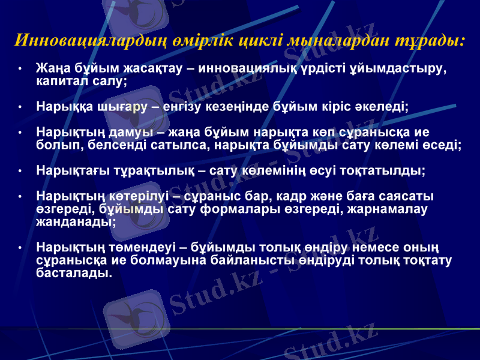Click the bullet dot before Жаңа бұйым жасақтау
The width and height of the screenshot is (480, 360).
pyautogui.click(x=21, y=68)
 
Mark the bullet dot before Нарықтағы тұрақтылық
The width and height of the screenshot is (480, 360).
pyautogui.click(x=21, y=172)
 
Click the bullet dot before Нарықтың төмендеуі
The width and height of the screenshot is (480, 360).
pyautogui.click(x=21, y=248)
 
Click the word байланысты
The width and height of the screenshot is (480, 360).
pyautogui.click(x=223, y=260)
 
